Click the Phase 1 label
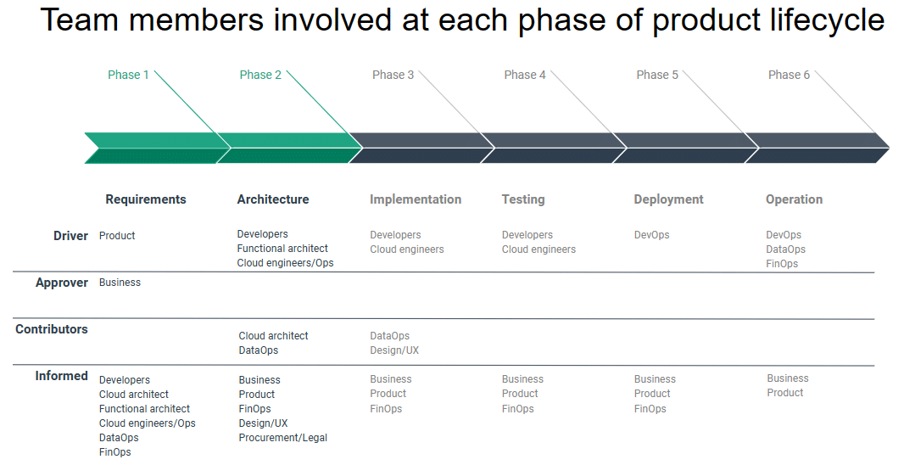pos(128,75)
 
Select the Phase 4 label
pos(525,75)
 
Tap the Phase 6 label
pos(789,75)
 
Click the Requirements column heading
pos(146,199)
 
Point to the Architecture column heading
pos(273,199)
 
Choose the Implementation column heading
pos(416,199)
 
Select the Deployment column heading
pos(669,199)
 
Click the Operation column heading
pos(794,199)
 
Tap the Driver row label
pos(71,236)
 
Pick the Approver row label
pos(62,283)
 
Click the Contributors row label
pos(52,329)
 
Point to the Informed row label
pos(62,376)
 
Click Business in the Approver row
pos(120,283)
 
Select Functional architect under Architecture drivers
pos(282,249)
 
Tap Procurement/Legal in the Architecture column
pos(283,438)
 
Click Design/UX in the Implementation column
pos(394,350)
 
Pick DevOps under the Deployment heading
pos(652,235)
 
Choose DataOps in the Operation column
pos(786,249)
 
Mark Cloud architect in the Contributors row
pos(273,336)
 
